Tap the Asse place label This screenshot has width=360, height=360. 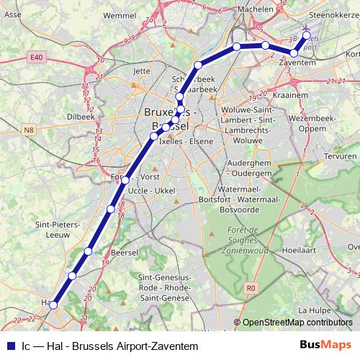point(12,14)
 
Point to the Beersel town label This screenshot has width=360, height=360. point(126,253)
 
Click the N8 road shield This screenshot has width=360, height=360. point(28,130)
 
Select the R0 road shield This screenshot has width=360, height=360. point(251,288)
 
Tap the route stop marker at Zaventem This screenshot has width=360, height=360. point(294,53)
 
